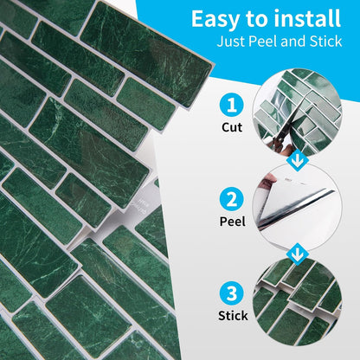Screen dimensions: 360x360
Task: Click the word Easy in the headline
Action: [215, 19]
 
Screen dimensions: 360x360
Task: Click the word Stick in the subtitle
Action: [325, 42]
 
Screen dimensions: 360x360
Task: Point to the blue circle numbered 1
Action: [232, 105]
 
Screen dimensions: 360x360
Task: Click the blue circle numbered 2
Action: [232, 199]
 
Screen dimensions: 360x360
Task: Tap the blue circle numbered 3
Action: [232, 293]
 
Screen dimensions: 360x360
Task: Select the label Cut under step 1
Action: [232, 127]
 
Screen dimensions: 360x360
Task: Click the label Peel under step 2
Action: [233, 222]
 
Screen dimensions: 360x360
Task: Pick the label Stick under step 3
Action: [233, 315]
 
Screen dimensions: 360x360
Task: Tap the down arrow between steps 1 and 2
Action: [297, 161]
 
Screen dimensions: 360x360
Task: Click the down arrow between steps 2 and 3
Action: [297, 254]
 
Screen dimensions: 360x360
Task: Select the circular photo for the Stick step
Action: [297, 301]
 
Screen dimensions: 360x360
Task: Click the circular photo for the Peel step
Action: [297, 207]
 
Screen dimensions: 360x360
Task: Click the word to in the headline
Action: [257, 20]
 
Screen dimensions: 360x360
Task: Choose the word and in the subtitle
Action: [293, 42]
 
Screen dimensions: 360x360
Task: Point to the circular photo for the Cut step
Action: [297, 113]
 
